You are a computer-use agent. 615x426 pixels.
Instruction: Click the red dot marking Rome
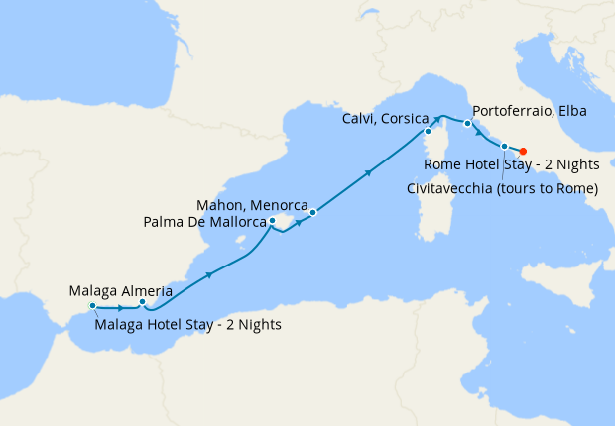(522, 152)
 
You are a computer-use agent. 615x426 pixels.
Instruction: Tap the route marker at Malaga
(92, 306)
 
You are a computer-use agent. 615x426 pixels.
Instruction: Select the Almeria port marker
(142, 302)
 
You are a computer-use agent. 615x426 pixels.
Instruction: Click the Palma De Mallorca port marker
(273, 222)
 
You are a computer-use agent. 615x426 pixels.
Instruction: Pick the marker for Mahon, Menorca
(311, 212)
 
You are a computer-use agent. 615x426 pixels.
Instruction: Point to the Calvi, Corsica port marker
(428, 131)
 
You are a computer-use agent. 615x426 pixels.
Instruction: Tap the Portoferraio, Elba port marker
(467, 124)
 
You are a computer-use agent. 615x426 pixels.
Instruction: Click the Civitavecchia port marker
(505, 147)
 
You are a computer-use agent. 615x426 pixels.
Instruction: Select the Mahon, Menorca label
(251, 205)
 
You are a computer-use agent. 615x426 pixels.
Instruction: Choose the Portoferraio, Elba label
(530, 111)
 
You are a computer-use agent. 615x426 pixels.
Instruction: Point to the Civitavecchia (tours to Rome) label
(502, 188)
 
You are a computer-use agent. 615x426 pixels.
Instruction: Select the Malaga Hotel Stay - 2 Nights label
(187, 324)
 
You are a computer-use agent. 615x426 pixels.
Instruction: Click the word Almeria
(146, 291)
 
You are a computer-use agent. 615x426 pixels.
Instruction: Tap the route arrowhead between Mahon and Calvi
(369, 172)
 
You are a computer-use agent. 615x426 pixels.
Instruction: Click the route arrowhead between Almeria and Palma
(208, 274)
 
